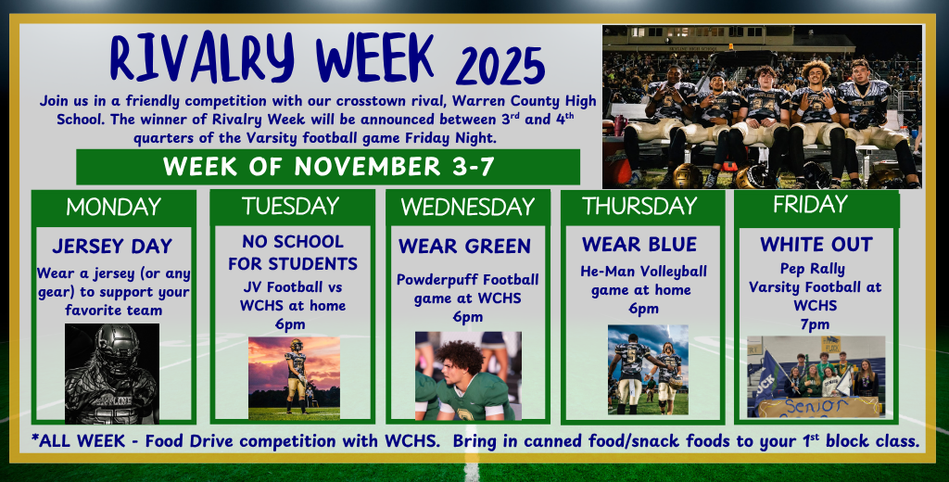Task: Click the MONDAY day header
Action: pos(113,207)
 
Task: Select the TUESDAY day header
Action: pos(292,206)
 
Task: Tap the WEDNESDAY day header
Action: pos(466,207)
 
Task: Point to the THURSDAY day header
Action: pos(639,206)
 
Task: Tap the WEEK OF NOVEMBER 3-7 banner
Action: pos(327,167)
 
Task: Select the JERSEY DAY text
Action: pos(112,247)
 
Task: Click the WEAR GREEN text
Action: pos(464,247)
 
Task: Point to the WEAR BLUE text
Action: pos(639,245)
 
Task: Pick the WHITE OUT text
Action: pos(816,245)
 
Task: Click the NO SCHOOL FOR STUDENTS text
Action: pos(293,252)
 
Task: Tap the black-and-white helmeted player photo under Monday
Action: pos(111,373)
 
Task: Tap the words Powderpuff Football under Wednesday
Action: pos(467,279)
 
